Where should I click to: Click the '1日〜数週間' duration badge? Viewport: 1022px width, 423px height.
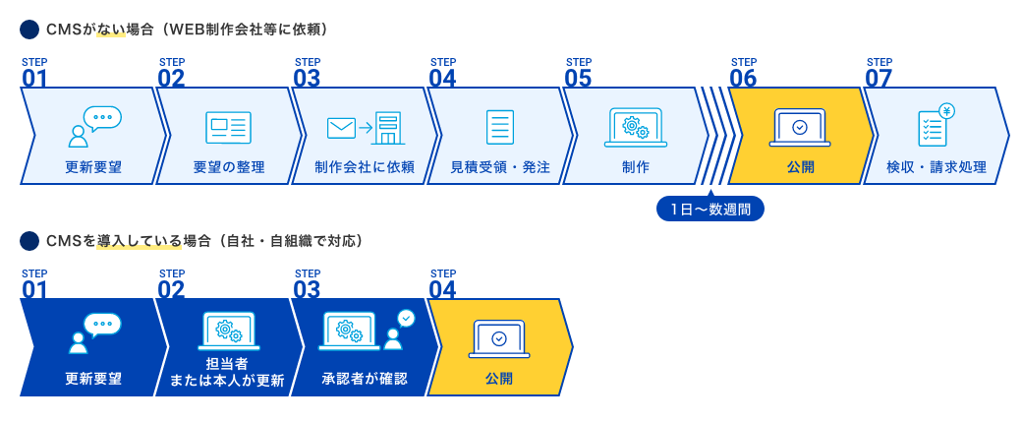pyautogui.click(x=710, y=209)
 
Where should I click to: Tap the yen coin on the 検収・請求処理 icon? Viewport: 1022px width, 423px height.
pyautogui.click(x=946, y=111)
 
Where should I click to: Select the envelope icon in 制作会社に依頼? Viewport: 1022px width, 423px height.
pyautogui.click(x=341, y=128)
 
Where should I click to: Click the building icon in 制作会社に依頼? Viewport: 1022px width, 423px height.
pyautogui.click(x=389, y=128)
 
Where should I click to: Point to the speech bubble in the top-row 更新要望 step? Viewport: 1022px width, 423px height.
pyautogui.click(x=103, y=118)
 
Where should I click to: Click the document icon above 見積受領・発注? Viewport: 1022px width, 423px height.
pyautogui.click(x=500, y=128)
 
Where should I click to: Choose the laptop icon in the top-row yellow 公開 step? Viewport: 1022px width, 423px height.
pyautogui.click(x=800, y=128)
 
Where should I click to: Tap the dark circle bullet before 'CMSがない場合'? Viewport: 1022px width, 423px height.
pyautogui.click(x=29, y=30)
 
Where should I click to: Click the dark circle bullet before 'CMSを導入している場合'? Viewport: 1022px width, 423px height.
pyautogui.click(x=29, y=240)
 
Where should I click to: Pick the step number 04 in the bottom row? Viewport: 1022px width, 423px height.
pyautogui.click(x=442, y=289)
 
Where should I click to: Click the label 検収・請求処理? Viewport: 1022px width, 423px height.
pyautogui.click(x=936, y=166)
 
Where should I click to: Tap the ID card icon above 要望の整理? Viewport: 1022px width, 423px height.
pyautogui.click(x=228, y=128)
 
